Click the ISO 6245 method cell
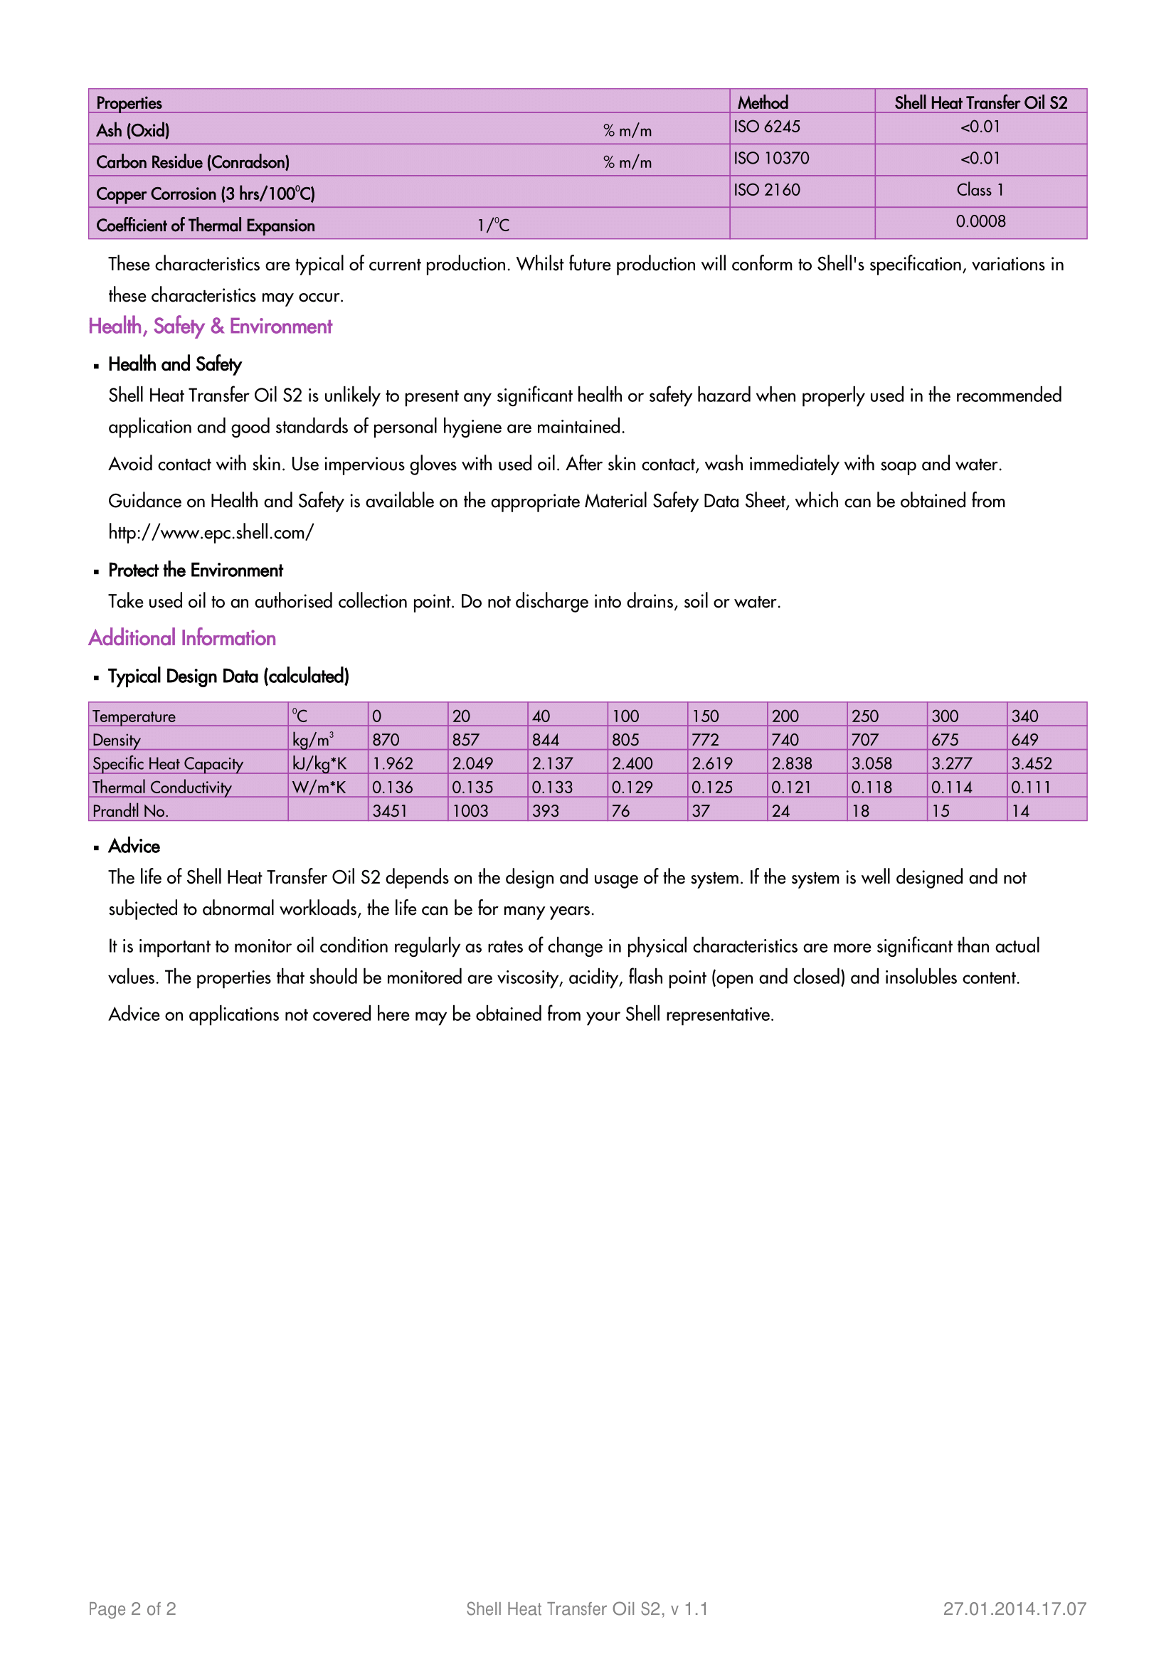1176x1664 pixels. [767, 127]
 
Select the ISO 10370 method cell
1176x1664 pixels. [771, 159]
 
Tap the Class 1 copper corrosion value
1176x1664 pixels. [980, 191]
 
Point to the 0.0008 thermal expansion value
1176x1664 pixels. [980, 222]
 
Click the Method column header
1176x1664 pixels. [762, 102]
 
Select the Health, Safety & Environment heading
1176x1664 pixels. [210, 327]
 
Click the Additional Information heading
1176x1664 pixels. [182, 638]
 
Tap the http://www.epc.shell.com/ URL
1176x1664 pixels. [211, 533]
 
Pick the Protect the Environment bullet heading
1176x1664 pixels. [196, 571]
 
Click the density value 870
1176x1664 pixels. [386, 740]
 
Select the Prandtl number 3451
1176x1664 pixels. [390, 811]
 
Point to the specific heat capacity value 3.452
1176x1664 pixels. [1031, 764]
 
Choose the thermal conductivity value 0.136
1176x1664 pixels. [392, 788]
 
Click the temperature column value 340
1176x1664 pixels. [1024, 717]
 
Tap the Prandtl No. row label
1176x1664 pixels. [130, 811]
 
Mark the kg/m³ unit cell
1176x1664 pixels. [313, 740]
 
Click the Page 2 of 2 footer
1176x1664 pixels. [132, 1609]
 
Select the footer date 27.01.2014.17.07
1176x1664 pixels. [1015, 1609]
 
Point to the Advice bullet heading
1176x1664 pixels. [134, 847]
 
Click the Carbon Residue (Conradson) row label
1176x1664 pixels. [193, 162]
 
